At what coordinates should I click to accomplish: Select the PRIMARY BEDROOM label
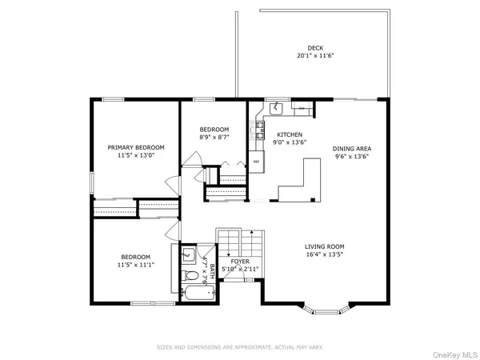coord(136,147)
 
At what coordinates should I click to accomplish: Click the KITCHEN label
coord(289,134)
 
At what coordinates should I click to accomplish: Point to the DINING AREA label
coord(352,148)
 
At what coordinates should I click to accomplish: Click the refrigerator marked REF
coord(257,160)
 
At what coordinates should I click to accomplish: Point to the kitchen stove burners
coord(258,128)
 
